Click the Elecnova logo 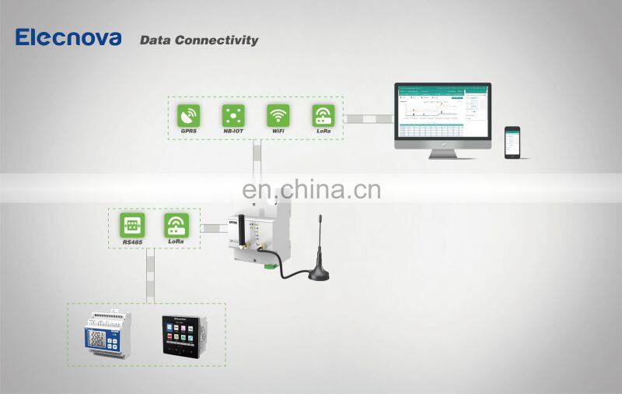tap(68, 37)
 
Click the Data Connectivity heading tap(198, 40)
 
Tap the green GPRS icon tap(188, 115)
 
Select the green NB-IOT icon tap(233, 115)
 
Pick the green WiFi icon tap(278, 115)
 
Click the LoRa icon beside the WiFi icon tap(323, 115)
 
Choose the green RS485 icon tap(131, 226)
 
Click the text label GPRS tap(188, 132)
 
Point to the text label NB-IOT tap(233, 132)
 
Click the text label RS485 tap(131, 242)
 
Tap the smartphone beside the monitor tap(512, 142)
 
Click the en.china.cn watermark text tap(311, 190)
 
